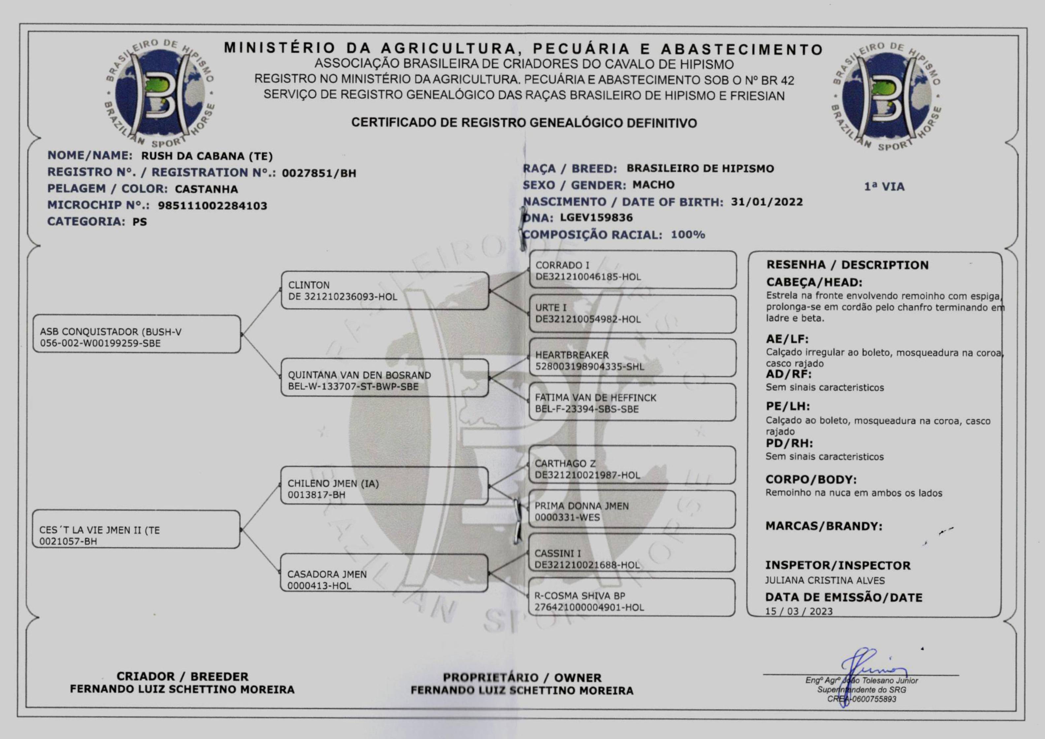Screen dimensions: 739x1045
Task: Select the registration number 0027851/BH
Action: [x=319, y=173]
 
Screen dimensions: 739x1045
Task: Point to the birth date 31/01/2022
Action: [x=767, y=202]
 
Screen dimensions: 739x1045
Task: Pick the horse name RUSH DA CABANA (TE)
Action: [x=206, y=156]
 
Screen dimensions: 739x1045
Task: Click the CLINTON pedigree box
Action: [x=385, y=291]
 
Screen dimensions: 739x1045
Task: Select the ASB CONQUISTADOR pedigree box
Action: [x=137, y=334]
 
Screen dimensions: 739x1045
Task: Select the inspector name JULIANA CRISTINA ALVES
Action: [x=825, y=581]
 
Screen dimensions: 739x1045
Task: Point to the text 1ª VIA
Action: [x=884, y=187]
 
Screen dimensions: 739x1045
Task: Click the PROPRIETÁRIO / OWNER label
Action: [x=522, y=678]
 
